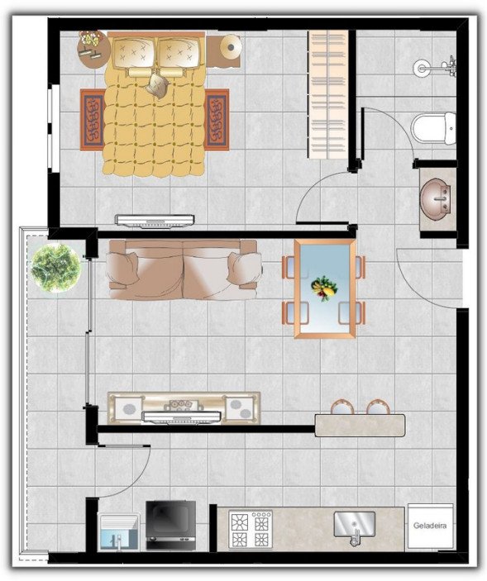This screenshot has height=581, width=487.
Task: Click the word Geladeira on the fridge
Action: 430,525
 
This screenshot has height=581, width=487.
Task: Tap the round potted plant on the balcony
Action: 55,267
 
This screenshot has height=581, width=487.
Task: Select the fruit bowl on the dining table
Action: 324,288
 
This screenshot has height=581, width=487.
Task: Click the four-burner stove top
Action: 251,530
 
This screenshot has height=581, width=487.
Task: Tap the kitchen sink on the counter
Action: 354,526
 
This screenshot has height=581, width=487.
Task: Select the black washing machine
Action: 170,526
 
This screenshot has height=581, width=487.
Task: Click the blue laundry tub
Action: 118,531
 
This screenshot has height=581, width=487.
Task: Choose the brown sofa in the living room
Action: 184,269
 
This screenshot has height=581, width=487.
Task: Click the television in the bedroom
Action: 155,221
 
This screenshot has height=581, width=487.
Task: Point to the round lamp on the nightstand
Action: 231,47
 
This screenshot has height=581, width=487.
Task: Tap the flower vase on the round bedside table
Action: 90,40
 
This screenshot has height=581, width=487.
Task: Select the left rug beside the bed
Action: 93,120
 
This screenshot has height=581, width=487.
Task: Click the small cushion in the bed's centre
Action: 158,85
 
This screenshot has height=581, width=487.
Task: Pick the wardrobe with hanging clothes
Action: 327,94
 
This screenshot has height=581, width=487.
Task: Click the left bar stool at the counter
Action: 343,407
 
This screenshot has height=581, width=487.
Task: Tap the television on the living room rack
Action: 182,417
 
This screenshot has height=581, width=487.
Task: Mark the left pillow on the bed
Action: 134,53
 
